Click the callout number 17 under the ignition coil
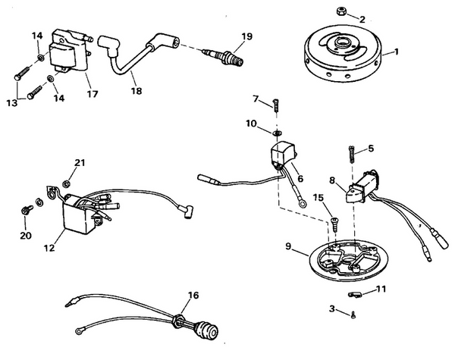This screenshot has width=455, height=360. (93, 95)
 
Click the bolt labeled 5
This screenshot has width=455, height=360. (352, 156)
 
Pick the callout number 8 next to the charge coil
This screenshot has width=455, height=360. (331, 180)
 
